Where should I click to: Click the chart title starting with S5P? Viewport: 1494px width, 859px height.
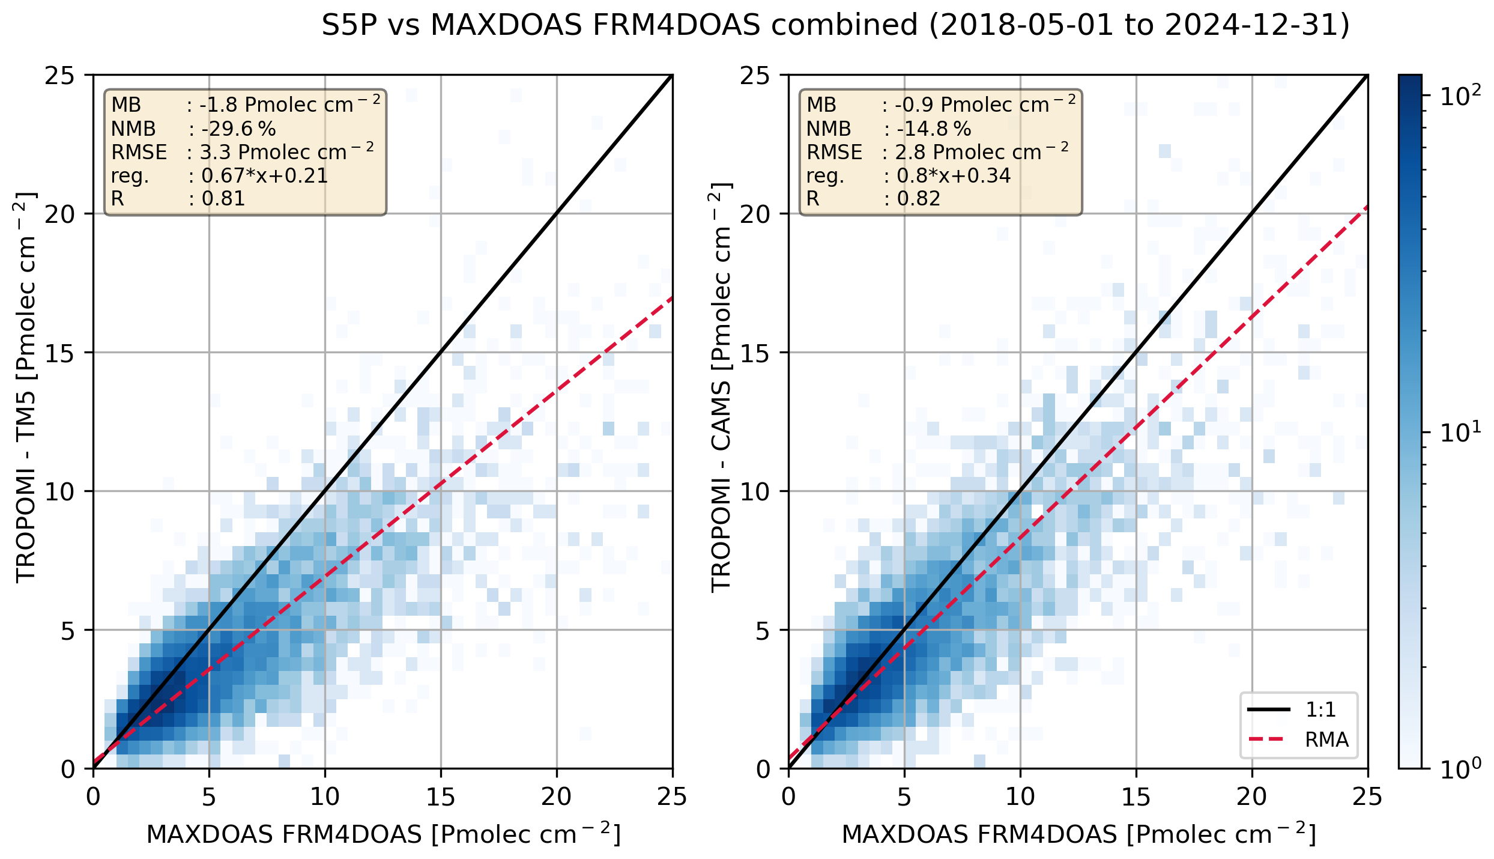point(835,26)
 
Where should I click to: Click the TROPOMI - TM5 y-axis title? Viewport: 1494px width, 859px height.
point(26,387)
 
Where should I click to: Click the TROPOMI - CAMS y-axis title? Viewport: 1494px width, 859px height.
point(721,387)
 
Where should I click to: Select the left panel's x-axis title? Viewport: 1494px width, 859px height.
point(383,834)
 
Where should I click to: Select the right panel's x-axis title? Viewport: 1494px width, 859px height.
point(1078,834)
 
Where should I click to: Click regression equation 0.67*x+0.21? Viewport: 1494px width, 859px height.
point(264,175)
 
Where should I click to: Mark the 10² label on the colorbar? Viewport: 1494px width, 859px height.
point(1459,96)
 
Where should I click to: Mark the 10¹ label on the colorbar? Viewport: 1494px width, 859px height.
point(1459,433)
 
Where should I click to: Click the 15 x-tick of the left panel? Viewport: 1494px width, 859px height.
point(441,797)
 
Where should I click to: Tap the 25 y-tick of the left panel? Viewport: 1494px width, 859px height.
point(60,76)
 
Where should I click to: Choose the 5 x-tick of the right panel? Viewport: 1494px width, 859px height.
point(904,797)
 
